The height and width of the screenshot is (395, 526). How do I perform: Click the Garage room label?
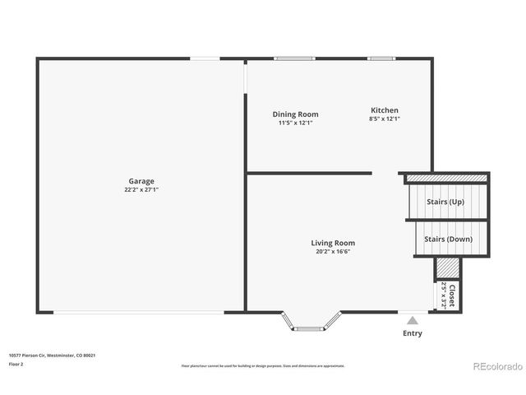(x=141, y=181)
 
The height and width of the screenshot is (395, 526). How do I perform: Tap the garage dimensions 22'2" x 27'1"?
(x=141, y=190)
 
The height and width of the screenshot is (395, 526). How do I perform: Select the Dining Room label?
(x=295, y=114)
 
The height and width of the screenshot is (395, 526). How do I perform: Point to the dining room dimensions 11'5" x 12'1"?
(x=295, y=123)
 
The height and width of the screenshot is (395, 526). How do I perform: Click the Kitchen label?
(x=384, y=110)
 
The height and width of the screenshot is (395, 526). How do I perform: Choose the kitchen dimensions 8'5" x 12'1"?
(x=384, y=118)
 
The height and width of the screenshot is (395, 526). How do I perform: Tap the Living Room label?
(x=333, y=243)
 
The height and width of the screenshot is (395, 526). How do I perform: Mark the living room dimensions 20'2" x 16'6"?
(x=333, y=252)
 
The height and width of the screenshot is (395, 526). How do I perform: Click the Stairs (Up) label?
(x=445, y=202)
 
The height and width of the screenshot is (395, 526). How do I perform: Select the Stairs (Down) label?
(x=448, y=239)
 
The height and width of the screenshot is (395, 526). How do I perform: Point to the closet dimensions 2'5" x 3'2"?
(x=444, y=294)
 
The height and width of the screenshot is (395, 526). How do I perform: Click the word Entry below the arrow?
(x=412, y=333)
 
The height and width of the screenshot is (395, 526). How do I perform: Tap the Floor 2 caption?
(x=16, y=364)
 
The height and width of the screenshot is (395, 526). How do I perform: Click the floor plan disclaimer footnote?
(x=262, y=365)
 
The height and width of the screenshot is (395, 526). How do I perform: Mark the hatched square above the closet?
(x=446, y=268)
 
